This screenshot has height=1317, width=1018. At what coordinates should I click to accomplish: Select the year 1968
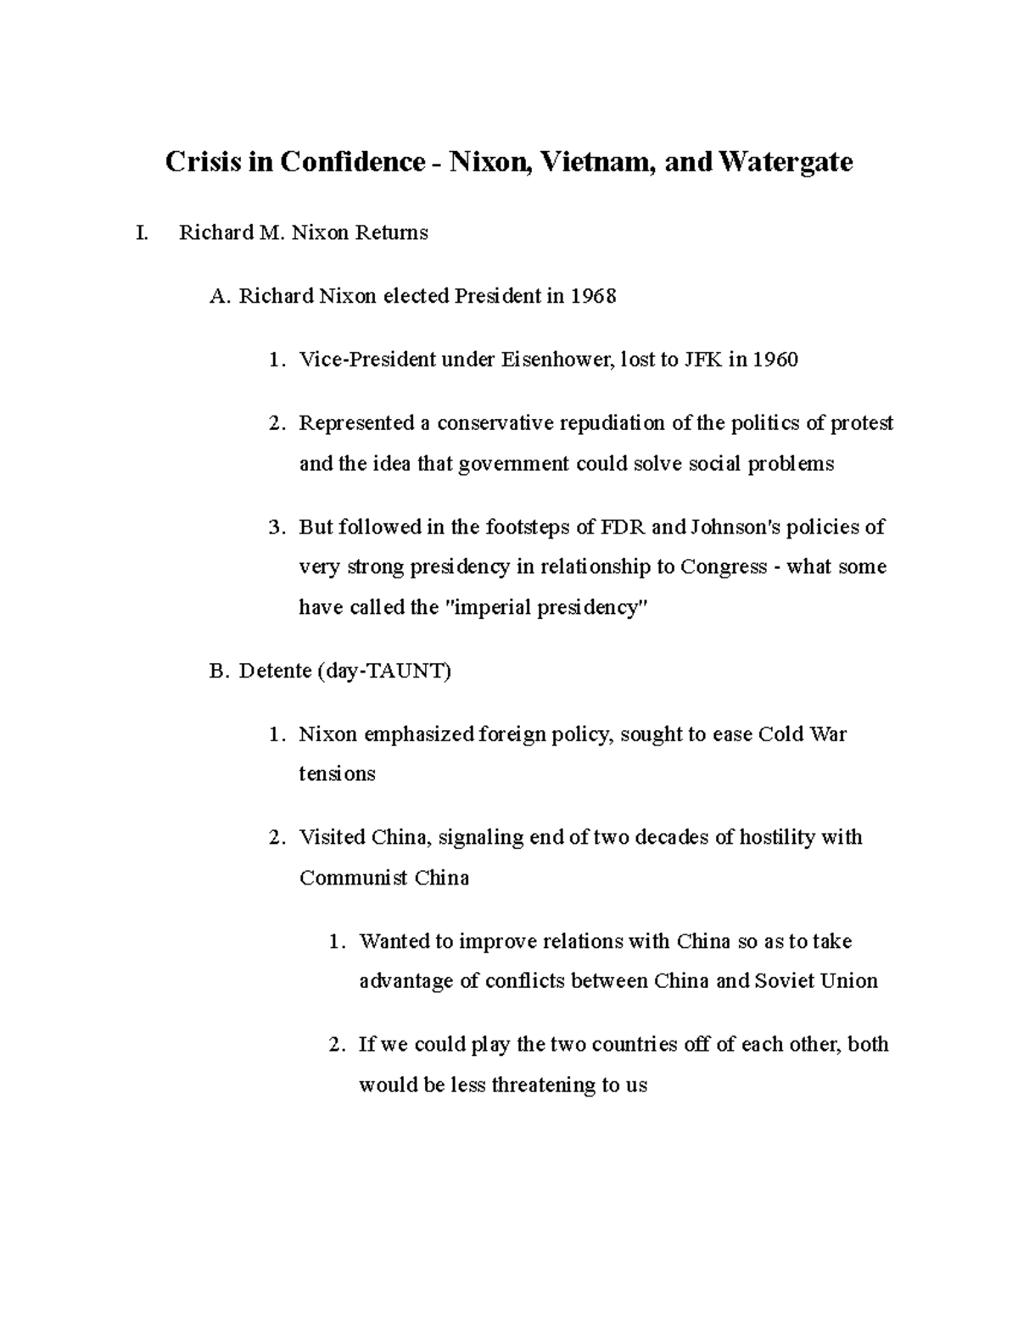coord(593,297)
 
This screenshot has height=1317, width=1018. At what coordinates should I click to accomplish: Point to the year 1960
coord(775,360)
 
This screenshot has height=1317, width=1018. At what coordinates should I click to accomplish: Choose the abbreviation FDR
coord(623,527)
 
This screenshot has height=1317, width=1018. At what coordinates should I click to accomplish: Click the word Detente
coord(275,672)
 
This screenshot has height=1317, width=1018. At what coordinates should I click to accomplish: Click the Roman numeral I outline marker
coord(141,233)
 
